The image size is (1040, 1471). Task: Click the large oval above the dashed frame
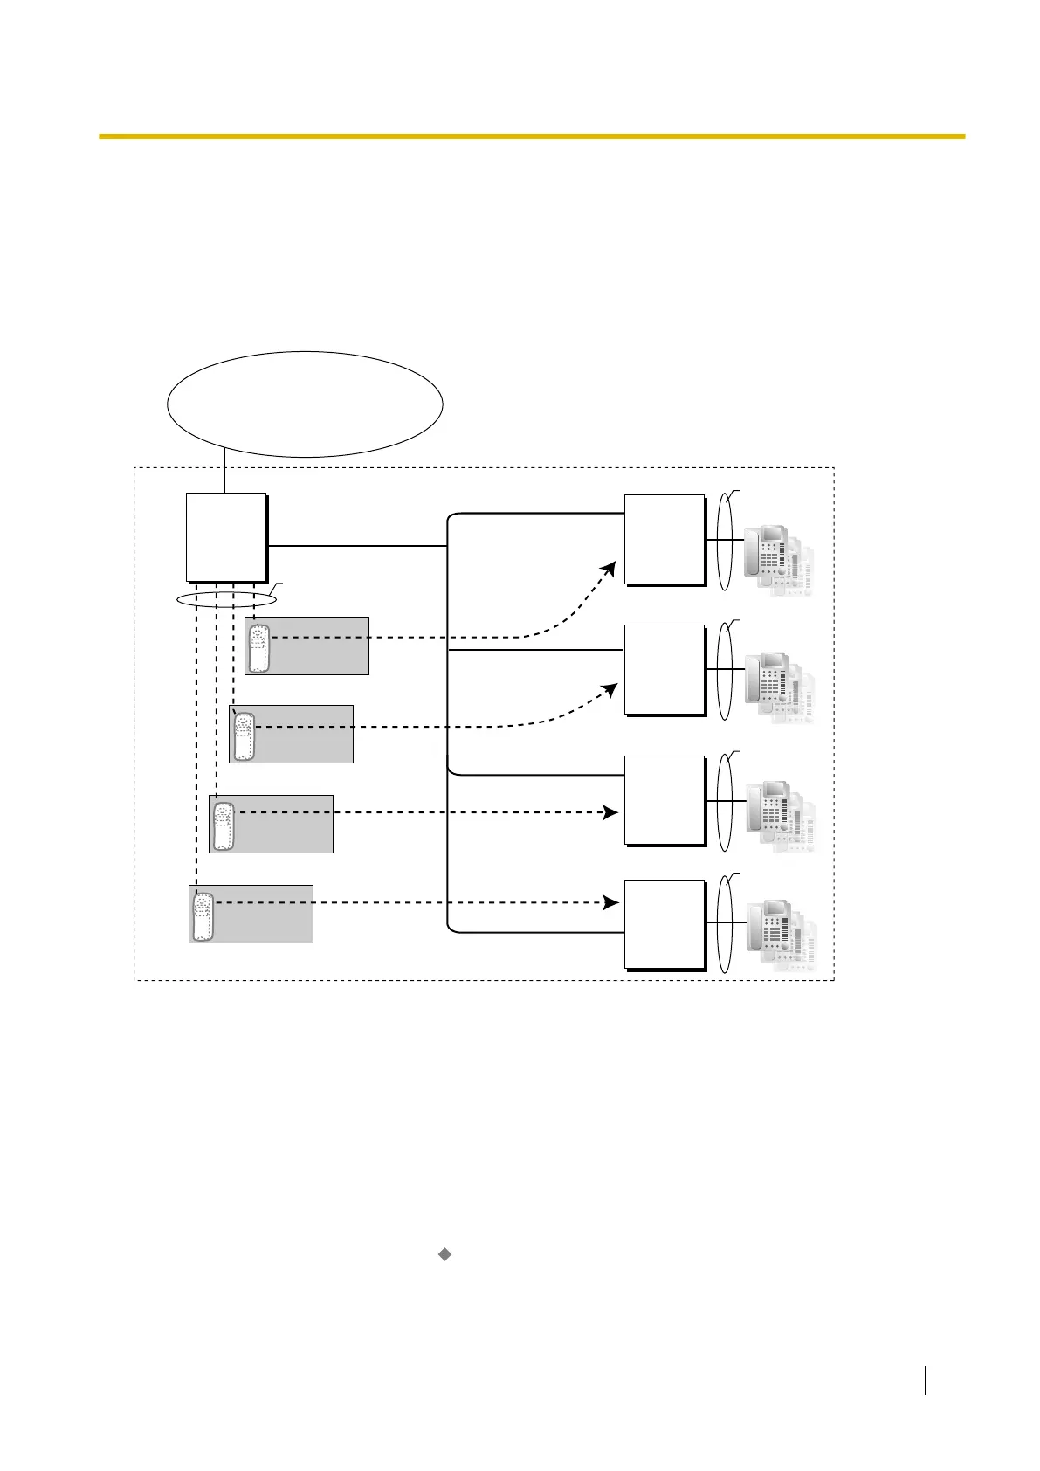(305, 404)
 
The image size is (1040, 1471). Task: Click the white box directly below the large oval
(226, 536)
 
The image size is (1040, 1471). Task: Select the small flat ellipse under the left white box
(226, 600)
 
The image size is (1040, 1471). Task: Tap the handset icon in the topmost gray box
(258, 646)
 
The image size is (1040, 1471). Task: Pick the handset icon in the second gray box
(243, 735)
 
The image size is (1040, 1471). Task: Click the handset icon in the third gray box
(224, 825)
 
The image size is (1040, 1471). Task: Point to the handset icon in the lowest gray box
(203, 915)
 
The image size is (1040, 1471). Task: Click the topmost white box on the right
(665, 539)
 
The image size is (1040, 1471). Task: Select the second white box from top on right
(665, 669)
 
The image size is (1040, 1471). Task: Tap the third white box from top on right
(665, 799)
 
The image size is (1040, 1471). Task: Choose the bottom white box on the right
(665, 924)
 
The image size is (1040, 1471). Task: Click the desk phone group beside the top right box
(778, 562)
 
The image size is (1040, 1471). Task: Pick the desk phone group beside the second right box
(778, 689)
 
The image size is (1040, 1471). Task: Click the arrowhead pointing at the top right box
(610, 570)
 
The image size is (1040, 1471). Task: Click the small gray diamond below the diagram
(444, 1254)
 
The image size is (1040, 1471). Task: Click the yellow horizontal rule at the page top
(531, 136)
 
